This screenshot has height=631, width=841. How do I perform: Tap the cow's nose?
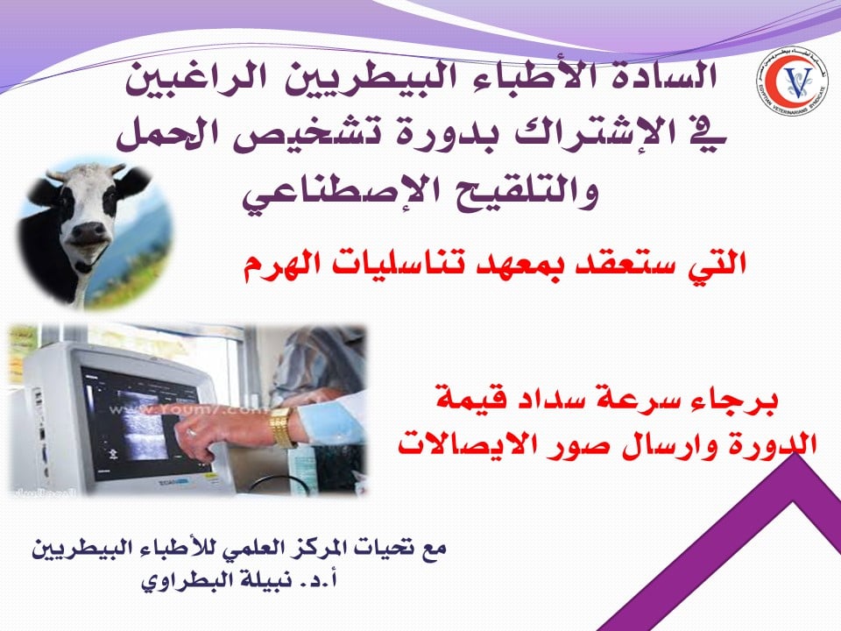coord(89,232)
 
